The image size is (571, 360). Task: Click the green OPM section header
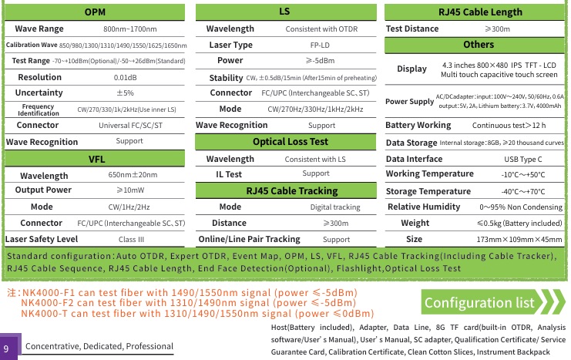[96, 12]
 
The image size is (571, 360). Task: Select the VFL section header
[96, 159]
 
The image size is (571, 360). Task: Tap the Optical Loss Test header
[284, 142]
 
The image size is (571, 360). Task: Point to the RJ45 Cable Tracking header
[284, 190]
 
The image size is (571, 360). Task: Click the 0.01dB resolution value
[126, 77]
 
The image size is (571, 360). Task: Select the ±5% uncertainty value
[126, 93]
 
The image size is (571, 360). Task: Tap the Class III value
[126, 240]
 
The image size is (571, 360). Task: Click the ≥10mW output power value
[126, 190]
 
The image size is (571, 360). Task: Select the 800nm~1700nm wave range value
[126, 29]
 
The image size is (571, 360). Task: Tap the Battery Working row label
[418, 125]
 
